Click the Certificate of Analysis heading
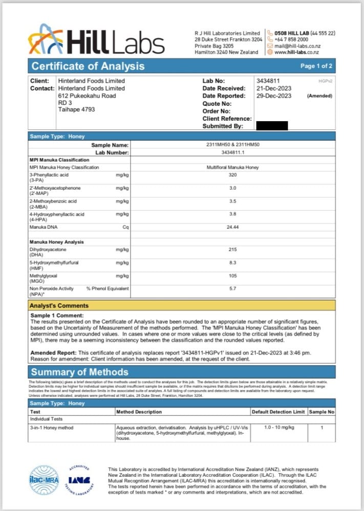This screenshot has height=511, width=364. click(x=88, y=66)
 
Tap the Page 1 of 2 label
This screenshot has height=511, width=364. click(x=316, y=66)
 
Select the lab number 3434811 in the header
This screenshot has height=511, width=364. click(x=267, y=81)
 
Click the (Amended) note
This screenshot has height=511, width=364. click(x=319, y=96)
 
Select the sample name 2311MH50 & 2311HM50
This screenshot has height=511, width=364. click(x=233, y=145)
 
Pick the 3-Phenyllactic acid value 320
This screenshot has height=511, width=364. click(x=233, y=175)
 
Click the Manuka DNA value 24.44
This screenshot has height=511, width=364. click(x=233, y=227)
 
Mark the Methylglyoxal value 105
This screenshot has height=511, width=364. click(x=233, y=276)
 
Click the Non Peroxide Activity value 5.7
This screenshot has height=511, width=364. click(x=233, y=288)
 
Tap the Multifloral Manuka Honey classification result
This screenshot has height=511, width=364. click(x=233, y=167)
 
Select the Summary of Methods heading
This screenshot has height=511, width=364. click(x=80, y=372)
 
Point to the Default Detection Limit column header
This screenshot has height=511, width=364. click(x=278, y=411)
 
